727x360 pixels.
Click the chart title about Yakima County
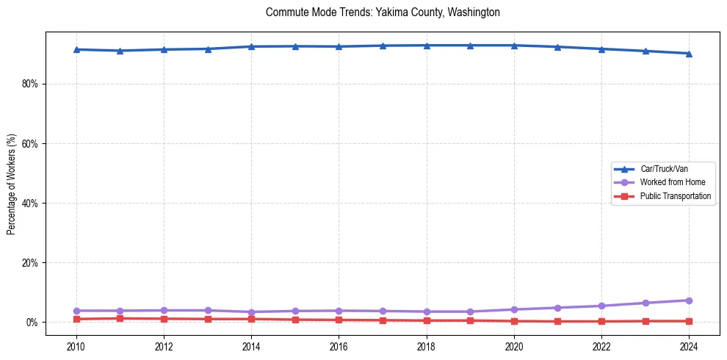click(x=383, y=12)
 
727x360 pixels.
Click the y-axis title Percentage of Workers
click(x=12, y=184)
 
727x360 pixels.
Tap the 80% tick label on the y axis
click(x=30, y=84)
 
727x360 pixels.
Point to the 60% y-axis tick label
click(x=30, y=143)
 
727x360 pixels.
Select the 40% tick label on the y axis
click(x=30, y=203)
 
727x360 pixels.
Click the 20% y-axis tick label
click(x=30, y=262)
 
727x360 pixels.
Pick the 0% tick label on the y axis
click(x=32, y=322)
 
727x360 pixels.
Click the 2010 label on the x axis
click(x=76, y=345)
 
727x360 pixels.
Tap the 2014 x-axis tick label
click(x=251, y=345)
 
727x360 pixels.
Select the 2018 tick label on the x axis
click(x=427, y=345)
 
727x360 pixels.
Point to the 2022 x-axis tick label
click(x=601, y=345)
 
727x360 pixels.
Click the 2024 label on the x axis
click(x=689, y=345)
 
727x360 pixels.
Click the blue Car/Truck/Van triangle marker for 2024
click(x=689, y=54)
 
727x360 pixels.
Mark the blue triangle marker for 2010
click(x=76, y=49)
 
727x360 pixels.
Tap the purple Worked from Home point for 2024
click(x=689, y=300)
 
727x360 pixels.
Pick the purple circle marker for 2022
click(x=601, y=306)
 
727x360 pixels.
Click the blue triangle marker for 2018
click(x=427, y=46)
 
